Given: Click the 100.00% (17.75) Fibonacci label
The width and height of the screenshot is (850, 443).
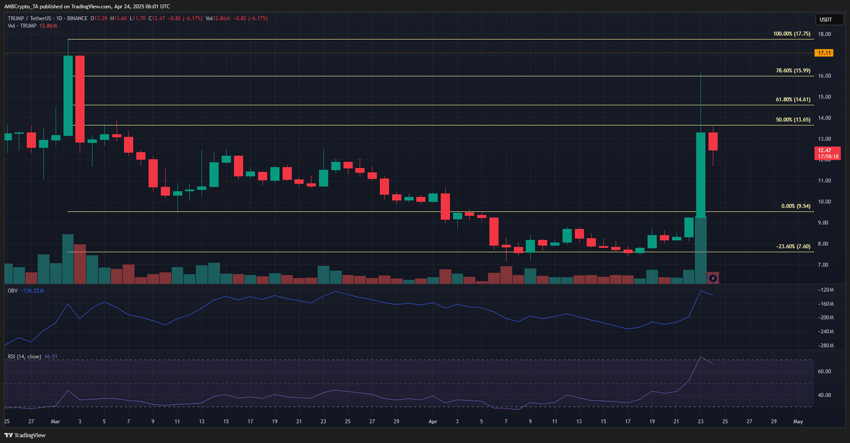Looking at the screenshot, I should (x=792, y=34).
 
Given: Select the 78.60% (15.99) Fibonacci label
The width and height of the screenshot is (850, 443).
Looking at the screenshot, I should (x=793, y=70).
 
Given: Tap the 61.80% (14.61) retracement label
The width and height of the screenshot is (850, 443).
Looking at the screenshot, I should (x=793, y=99).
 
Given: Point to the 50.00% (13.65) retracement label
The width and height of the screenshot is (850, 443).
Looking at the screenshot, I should (x=793, y=120).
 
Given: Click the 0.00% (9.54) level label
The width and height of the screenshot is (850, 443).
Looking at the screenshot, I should (x=795, y=206).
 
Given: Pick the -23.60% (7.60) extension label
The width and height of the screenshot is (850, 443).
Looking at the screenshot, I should (x=793, y=246).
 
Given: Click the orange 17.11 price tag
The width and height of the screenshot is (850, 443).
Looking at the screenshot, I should (x=824, y=53).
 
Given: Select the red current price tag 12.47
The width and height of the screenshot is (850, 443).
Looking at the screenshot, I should (x=828, y=153).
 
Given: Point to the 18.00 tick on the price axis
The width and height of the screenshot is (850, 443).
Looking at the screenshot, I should (x=824, y=34).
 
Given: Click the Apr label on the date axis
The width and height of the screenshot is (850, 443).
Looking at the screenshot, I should (x=433, y=422).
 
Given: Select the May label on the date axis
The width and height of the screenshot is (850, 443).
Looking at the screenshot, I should (x=798, y=422).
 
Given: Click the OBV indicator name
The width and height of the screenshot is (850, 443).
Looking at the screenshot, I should (x=13, y=291).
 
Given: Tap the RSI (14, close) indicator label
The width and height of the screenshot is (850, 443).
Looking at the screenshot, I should (x=24, y=357).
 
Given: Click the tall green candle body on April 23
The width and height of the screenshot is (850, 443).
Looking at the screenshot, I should (x=701, y=175).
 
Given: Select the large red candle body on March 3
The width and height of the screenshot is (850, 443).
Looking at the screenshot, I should (x=80, y=99).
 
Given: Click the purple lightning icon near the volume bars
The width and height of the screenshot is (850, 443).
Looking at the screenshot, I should (x=713, y=278).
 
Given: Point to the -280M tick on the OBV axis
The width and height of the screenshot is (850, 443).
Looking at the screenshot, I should (x=825, y=346).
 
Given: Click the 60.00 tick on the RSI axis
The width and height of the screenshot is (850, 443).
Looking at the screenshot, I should (x=824, y=372).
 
